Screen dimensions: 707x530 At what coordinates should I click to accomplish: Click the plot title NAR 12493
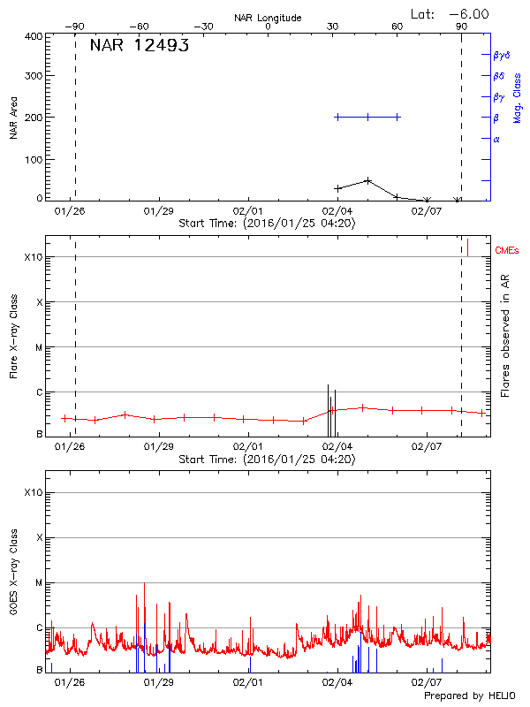pos(139,46)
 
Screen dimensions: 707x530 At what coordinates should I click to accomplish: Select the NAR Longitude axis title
pos(268,18)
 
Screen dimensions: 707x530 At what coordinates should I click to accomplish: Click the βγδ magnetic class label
pos(502,55)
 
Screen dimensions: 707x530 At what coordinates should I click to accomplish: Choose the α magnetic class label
pos(496,139)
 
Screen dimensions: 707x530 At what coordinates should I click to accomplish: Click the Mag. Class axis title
pos(518,92)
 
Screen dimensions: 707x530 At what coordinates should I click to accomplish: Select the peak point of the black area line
pos(367,180)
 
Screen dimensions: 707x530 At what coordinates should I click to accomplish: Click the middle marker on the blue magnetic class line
pos(367,117)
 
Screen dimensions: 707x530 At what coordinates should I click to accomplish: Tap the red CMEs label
pos(508,251)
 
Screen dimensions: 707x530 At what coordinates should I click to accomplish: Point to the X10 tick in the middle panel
pos(34,257)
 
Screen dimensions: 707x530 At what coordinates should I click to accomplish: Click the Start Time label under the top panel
pos(267,224)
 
